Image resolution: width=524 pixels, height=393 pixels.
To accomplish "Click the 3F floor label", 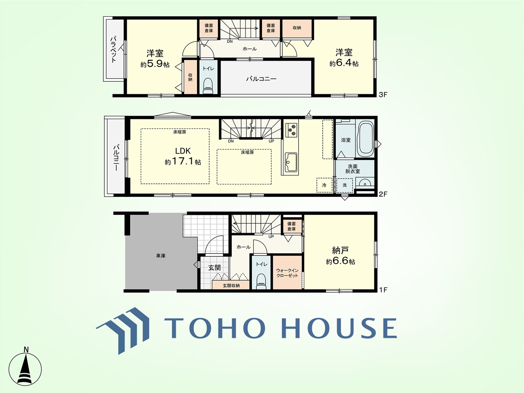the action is (x=383, y=95).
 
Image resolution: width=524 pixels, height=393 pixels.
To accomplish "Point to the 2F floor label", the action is (x=383, y=194).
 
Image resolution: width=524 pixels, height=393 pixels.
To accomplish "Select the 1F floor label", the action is (x=383, y=290).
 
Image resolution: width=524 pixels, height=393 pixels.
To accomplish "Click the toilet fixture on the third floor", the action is (x=208, y=86).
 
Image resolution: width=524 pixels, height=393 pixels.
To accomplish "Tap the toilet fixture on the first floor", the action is (x=261, y=282).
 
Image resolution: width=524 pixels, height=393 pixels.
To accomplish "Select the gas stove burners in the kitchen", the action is (x=292, y=130).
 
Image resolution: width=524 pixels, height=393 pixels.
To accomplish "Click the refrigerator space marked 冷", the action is (x=324, y=185).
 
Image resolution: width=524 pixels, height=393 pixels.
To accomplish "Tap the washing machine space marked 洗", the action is (x=345, y=185).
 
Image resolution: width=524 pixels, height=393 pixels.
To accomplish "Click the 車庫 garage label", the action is (x=161, y=256).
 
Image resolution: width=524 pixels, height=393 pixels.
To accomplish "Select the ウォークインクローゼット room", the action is (x=287, y=272).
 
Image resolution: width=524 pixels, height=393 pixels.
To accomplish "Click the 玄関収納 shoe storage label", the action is (x=231, y=286).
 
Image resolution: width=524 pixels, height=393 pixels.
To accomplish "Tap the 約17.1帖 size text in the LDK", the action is (x=183, y=162).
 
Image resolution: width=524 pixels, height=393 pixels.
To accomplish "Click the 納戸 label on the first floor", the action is (x=340, y=250).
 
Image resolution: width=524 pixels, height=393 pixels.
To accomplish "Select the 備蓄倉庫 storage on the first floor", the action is (x=292, y=226).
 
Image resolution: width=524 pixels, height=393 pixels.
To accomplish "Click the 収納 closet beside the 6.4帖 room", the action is (x=297, y=28).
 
